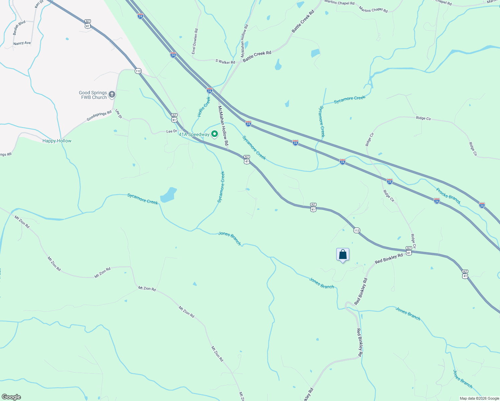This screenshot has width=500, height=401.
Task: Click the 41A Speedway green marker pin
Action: click(215, 134)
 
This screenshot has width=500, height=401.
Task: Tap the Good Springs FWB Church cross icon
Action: click(112, 95)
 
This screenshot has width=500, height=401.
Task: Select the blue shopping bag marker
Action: click(343, 255)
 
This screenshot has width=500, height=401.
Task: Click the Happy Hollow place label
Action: click(57, 141)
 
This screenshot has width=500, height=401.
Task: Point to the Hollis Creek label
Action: click(204, 107)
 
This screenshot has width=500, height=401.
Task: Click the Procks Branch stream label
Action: click(448, 196)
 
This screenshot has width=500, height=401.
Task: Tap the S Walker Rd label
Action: click(225, 61)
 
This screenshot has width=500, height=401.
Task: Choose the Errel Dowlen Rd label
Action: click(195, 41)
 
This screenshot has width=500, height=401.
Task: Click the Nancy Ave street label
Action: click(22, 43)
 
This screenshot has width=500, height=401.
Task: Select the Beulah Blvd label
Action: click(19, 28)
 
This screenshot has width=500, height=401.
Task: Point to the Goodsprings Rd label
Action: click(99, 116)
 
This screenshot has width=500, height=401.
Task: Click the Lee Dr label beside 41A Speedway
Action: click(171, 131)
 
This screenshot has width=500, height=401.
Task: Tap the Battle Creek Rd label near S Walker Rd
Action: click(257, 56)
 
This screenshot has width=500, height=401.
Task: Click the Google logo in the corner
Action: click(11, 397)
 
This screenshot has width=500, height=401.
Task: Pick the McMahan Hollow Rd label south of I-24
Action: click(223, 125)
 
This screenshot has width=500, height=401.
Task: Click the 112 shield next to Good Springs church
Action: click(138, 71)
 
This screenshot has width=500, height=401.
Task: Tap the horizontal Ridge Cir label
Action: click(423, 118)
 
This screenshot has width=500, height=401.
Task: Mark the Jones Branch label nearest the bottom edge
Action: click(463, 379)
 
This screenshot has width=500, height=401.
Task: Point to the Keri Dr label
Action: click(39, 4)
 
